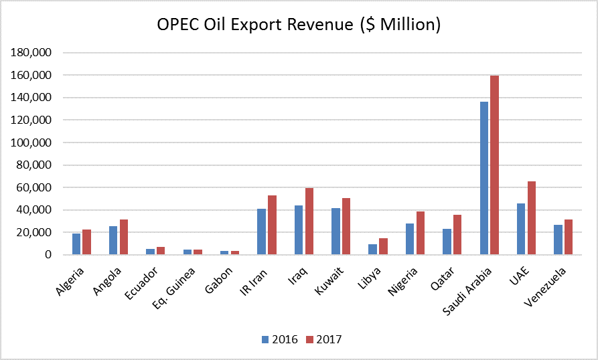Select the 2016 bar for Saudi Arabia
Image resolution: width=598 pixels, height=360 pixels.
pyautogui.click(x=484, y=178)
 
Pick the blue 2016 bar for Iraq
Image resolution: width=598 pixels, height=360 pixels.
pyautogui.click(x=299, y=230)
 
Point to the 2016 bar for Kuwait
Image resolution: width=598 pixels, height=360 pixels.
pyautogui.click(x=335, y=232)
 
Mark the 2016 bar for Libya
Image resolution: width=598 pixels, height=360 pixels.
pyautogui.click(x=372, y=250)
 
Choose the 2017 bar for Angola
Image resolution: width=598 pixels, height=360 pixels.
pyautogui.click(x=123, y=237)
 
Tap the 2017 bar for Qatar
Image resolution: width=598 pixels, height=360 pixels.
pyautogui.click(x=457, y=235)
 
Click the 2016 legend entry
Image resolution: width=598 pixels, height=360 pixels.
pyautogui.click(x=279, y=340)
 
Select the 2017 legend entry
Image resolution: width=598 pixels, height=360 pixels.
pyautogui.click(x=323, y=340)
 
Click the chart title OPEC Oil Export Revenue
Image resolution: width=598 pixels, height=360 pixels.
pyautogui.click(x=299, y=25)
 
